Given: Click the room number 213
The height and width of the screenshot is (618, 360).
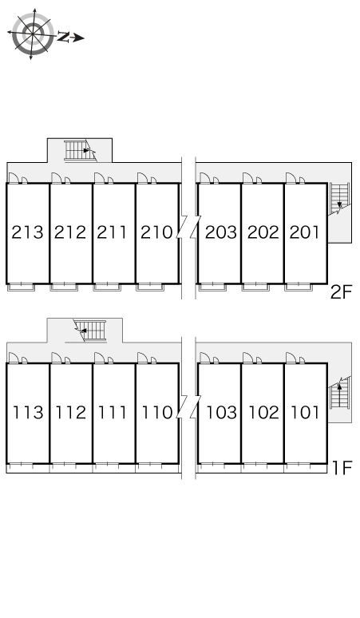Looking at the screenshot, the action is [27, 232].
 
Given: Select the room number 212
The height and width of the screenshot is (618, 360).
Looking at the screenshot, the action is [70, 232].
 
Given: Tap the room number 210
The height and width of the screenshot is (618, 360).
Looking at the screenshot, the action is [156, 232].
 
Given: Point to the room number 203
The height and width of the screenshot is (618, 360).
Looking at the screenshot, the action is [221, 232].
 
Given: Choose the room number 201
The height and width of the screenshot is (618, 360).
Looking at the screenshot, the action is [305, 232].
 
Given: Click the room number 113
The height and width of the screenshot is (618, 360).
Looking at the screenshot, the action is [28, 412].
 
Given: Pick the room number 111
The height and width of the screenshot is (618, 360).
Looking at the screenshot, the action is [113, 412].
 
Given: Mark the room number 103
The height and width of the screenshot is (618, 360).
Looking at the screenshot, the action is [221, 412].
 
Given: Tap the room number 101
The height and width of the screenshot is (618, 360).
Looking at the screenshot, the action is [305, 412].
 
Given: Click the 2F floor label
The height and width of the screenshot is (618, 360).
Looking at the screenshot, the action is [341, 292].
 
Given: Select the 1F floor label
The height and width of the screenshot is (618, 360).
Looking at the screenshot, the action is [342, 468].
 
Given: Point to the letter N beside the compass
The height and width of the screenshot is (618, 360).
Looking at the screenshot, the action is [63, 37].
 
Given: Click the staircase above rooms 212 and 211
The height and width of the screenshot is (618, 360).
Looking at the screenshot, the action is [81, 151].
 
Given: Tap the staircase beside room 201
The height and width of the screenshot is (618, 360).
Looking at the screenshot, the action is [339, 199].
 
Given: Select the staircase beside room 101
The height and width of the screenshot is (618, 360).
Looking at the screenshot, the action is [339, 393].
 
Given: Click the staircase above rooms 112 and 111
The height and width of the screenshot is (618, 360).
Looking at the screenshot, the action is [90, 331].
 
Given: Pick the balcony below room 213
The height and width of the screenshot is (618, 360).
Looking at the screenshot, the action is [22, 287].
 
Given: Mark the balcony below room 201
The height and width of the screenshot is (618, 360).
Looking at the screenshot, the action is [299, 287].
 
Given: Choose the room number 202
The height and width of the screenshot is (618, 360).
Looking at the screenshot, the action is [263, 232].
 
